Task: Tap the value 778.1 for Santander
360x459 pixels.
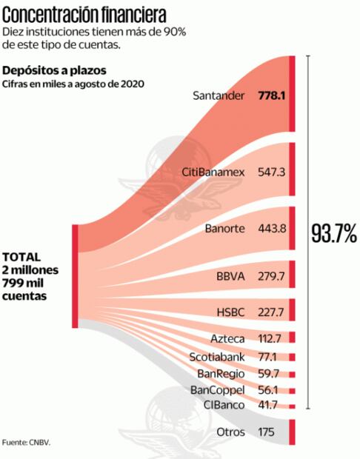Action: pyautogui.click(x=271, y=96)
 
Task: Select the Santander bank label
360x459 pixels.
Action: pyautogui.click(x=218, y=96)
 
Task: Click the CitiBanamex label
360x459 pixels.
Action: pyautogui.click(x=213, y=172)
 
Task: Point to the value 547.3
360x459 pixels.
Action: pyautogui.click(x=271, y=172)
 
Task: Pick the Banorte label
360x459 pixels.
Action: pyautogui.click(x=225, y=228)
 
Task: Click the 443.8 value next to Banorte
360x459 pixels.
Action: pyautogui.click(x=271, y=228)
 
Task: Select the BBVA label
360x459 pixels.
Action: pyautogui.click(x=230, y=276)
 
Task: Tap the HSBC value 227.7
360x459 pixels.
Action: pyautogui.click(x=271, y=311)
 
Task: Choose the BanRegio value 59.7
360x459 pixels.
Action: pyautogui.click(x=272, y=374)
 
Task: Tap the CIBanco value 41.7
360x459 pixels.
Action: pyautogui.click(x=272, y=405)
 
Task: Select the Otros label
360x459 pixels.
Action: pyautogui.click(x=230, y=432)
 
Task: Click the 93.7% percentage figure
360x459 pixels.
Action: pyautogui.click(x=334, y=234)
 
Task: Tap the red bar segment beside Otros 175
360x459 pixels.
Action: pyautogui.click(x=293, y=432)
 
